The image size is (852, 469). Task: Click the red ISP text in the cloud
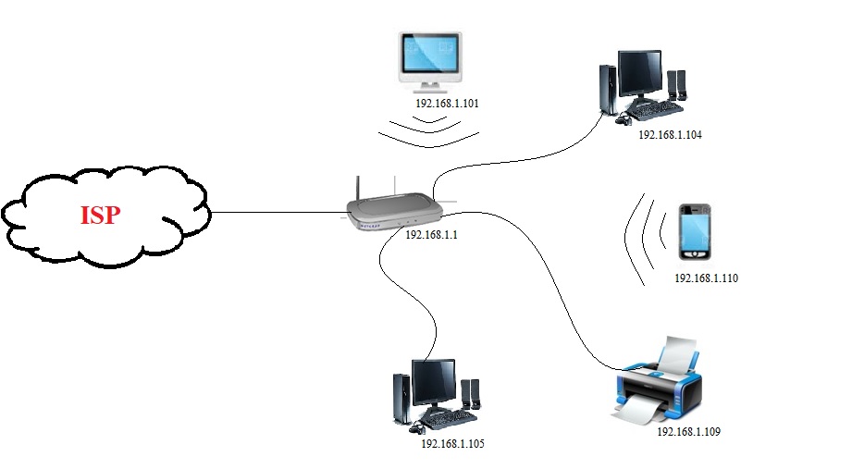pos(99,215)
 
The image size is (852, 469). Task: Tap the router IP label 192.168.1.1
pos(431,235)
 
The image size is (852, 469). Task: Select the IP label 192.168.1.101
pos(447,103)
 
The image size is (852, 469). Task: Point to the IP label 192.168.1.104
pos(670,135)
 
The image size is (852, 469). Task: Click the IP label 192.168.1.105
pos(452,444)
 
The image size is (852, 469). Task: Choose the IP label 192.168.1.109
pos(688,432)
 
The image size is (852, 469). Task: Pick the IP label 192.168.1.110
pos(706,278)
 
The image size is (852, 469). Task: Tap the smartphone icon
pos(695,232)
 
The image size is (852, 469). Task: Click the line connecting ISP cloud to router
pos(278,212)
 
